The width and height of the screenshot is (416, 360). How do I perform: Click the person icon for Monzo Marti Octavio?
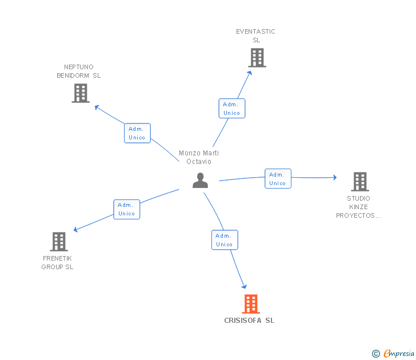(x=201, y=181)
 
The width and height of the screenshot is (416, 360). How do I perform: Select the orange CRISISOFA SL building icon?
(x=251, y=304)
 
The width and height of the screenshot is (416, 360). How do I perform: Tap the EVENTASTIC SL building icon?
(x=257, y=58)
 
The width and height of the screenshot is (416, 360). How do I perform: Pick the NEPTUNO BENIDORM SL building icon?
(x=81, y=93)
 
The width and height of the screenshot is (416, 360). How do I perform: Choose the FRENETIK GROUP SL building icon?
(x=59, y=242)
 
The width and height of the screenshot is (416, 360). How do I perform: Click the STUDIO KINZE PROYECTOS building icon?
(x=360, y=182)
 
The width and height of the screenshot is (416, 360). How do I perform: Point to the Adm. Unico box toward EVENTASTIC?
(x=232, y=108)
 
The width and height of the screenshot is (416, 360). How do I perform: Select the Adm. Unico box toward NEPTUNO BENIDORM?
(x=137, y=133)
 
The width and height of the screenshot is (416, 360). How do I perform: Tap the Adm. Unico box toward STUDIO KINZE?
(x=278, y=178)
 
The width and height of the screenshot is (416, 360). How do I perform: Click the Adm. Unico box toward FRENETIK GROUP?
(x=127, y=209)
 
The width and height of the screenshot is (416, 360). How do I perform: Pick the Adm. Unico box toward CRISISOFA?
(x=225, y=240)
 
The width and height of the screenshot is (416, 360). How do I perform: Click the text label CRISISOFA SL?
(x=249, y=321)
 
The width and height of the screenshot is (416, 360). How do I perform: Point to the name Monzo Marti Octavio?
(x=199, y=157)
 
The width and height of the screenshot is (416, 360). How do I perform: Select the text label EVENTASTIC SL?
(x=256, y=36)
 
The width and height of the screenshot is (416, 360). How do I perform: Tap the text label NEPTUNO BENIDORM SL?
(x=79, y=71)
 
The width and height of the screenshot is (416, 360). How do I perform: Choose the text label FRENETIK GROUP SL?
(x=57, y=262)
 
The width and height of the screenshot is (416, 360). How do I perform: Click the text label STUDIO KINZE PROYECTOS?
(x=358, y=207)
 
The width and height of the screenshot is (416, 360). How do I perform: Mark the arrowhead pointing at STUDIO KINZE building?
(x=335, y=177)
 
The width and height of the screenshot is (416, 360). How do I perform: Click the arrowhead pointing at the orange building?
(x=245, y=286)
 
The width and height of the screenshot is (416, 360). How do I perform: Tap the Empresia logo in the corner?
(x=393, y=353)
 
